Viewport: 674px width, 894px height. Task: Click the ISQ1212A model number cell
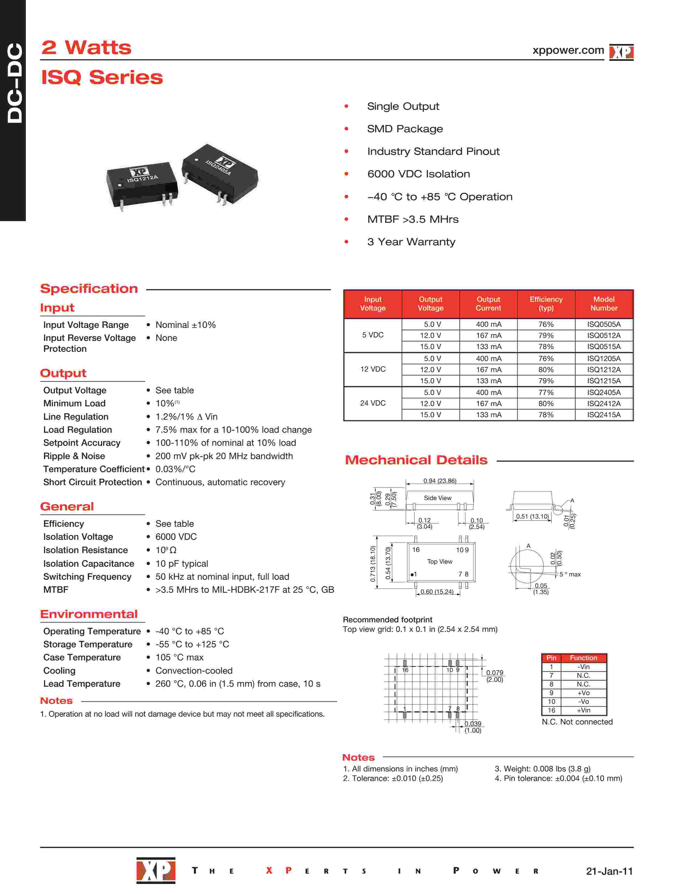pyautogui.click(x=604, y=369)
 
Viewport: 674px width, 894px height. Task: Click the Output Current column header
pyautogui.click(x=488, y=303)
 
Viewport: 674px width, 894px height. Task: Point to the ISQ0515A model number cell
pyautogui.click(x=604, y=346)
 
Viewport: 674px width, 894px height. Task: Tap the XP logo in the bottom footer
pyautogui.click(x=156, y=870)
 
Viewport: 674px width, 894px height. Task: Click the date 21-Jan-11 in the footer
pyautogui.click(x=609, y=871)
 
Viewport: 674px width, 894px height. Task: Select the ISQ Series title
pyautogui.click(x=102, y=77)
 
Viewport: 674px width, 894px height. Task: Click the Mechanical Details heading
pyautogui.click(x=416, y=460)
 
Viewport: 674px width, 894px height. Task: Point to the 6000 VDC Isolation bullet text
pyautogui.click(x=418, y=174)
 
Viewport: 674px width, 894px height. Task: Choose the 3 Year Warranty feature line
pyautogui.click(x=411, y=242)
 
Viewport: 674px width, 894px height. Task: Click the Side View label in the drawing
pyautogui.click(x=437, y=498)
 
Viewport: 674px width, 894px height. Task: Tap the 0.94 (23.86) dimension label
pyautogui.click(x=439, y=481)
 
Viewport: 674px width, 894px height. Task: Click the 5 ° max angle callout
pyautogui.click(x=570, y=574)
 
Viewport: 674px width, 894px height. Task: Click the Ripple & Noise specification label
pyautogui.click(x=74, y=456)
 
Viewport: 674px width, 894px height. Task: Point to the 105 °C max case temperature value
pyautogui.click(x=179, y=657)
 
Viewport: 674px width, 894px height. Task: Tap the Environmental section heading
pyautogui.click(x=89, y=614)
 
